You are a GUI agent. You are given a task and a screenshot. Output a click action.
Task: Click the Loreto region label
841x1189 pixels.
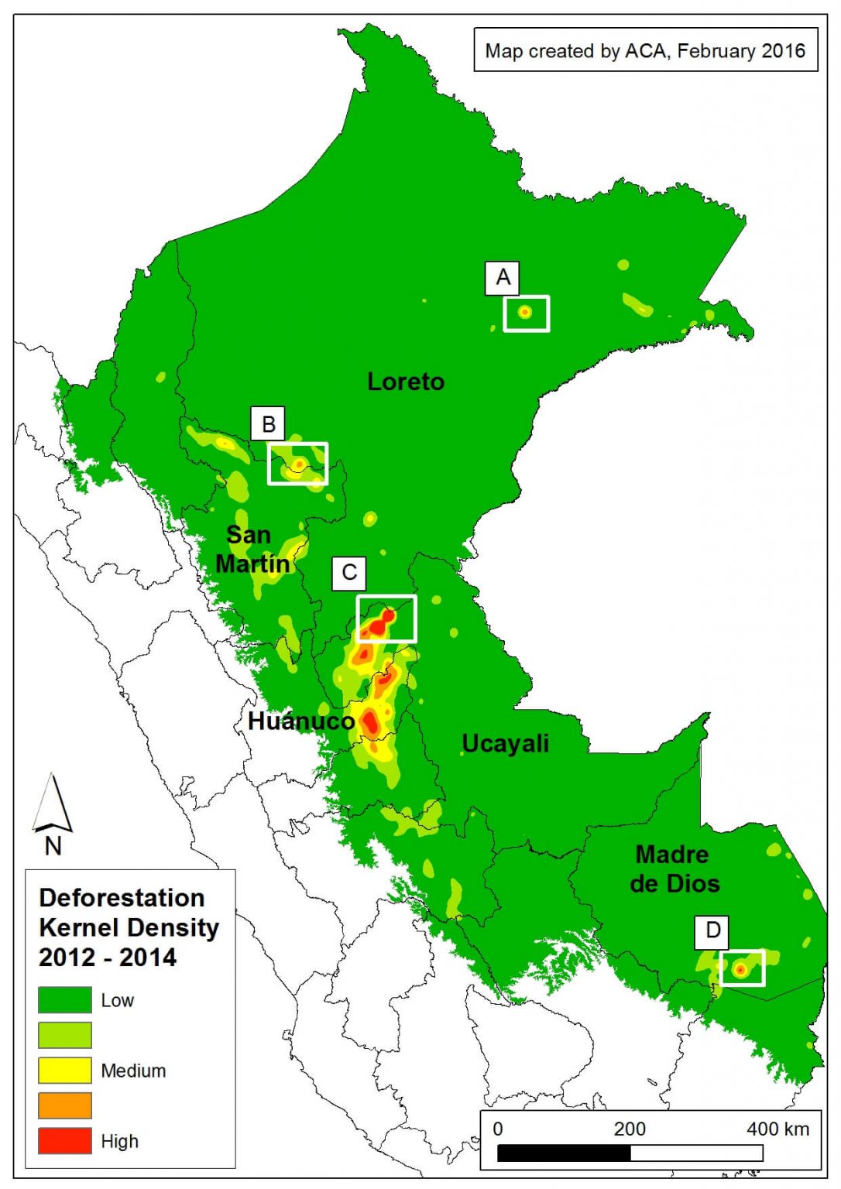coord(406,382)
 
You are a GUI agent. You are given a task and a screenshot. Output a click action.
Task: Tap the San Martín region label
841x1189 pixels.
coord(251,550)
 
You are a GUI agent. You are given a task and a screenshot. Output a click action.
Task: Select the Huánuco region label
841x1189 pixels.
coord(300,721)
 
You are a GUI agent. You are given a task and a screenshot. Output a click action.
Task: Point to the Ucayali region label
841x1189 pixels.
coord(505,743)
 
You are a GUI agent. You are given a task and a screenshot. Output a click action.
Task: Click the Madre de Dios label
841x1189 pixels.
coord(674,869)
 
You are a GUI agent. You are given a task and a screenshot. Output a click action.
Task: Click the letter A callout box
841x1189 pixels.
coord(503,278)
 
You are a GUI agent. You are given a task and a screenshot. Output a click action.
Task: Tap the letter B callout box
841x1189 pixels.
coord(268,424)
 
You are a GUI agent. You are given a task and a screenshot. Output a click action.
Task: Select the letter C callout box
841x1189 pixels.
coord(348,573)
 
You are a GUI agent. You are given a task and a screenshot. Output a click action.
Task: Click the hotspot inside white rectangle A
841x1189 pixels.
coord(525,313)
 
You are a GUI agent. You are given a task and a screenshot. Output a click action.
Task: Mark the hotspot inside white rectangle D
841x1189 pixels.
coord(740,969)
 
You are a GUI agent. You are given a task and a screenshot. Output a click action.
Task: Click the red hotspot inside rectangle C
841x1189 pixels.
coord(379,623)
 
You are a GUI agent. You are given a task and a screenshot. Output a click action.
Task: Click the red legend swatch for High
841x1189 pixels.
coord(65,1140)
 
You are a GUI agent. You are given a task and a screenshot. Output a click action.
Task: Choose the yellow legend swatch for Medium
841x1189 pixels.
coord(65,1070)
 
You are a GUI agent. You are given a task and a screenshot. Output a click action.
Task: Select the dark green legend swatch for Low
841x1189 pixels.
coord(65,999)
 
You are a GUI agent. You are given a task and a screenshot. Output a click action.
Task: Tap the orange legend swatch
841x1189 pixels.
coord(65,1105)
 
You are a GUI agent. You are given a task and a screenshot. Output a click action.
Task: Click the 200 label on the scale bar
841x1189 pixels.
coord(630,1129)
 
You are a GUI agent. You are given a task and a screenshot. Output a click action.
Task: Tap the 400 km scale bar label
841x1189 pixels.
coord(777,1129)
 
